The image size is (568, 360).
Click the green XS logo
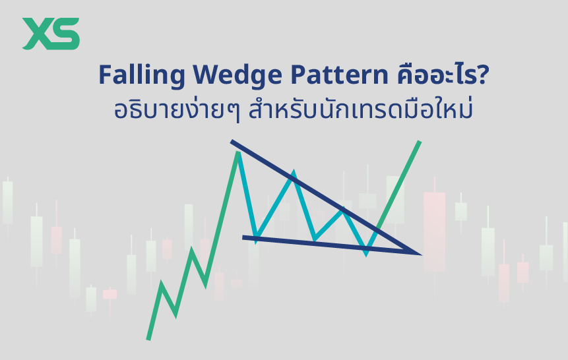click(51, 34)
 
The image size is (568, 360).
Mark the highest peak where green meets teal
click(237, 153)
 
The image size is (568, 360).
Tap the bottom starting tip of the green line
click(148, 339)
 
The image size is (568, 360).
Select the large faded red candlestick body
click(434, 231)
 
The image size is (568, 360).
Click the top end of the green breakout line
click(418, 142)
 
